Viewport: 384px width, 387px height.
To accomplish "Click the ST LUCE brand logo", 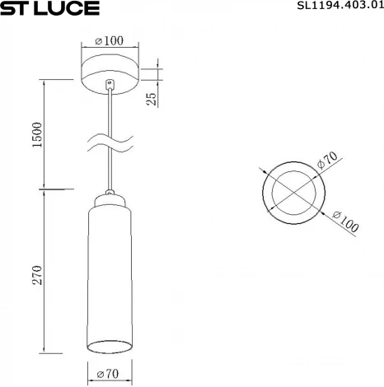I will pos(50,9).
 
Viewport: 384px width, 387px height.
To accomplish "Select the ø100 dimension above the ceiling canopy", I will pos(109,40).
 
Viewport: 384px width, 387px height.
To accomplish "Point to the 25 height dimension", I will pos(151,98).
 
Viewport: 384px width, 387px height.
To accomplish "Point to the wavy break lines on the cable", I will pos(110,141).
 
